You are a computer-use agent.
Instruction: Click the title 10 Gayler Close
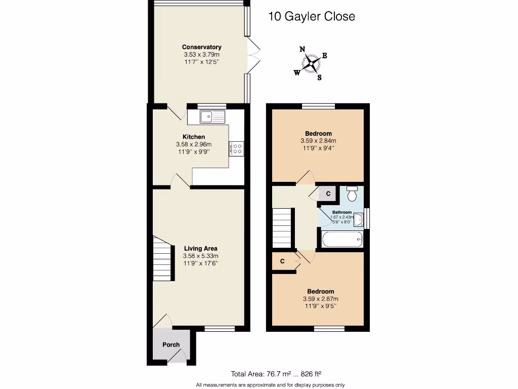311,16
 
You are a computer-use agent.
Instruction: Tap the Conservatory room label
202,47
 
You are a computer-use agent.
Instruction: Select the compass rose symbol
312,63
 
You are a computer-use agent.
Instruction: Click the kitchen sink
212,117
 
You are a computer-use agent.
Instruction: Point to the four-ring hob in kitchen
237,148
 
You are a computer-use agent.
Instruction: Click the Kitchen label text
194,137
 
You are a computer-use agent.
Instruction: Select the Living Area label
201,248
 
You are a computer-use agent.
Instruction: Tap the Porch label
171,344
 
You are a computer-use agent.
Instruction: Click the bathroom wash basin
359,219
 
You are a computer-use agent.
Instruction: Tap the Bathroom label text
342,212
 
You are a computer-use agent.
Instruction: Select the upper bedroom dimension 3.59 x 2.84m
318,141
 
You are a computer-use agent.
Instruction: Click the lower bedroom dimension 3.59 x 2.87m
320,299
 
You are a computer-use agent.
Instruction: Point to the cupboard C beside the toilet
328,193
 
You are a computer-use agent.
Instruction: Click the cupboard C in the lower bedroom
283,261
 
